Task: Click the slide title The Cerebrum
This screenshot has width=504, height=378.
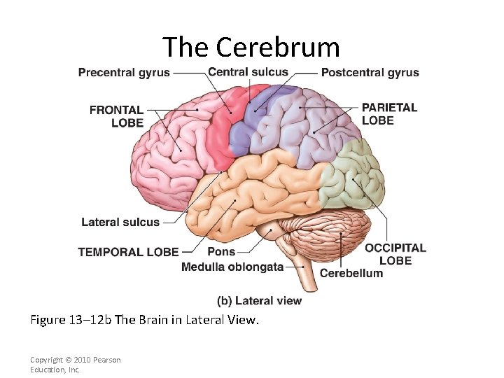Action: tap(251, 48)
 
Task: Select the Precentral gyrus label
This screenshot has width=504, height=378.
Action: tap(124, 73)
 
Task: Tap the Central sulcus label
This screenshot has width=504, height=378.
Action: tap(248, 71)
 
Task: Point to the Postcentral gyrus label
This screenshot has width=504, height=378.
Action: tap(370, 73)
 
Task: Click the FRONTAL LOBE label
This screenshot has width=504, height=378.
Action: tap(116, 116)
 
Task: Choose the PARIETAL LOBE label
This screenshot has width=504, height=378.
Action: tap(388, 113)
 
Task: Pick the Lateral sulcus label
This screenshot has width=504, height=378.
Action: tap(120, 223)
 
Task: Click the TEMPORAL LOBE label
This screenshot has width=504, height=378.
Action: tap(128, 252)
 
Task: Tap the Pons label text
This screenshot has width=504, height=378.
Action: tap(221, 252)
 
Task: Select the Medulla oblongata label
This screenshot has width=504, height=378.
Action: tap(232, 267)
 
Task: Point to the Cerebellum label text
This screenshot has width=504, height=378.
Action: tap(351, 273)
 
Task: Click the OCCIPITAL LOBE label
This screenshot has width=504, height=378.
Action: tap(395, 254)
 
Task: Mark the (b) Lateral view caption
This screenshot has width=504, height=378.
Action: tap(260, 301)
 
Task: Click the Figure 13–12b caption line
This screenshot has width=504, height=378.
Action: tap(144, 321)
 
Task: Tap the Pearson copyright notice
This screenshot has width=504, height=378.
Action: tap(75, 365)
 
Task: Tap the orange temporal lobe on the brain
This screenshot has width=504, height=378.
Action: tap(252, 189)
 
